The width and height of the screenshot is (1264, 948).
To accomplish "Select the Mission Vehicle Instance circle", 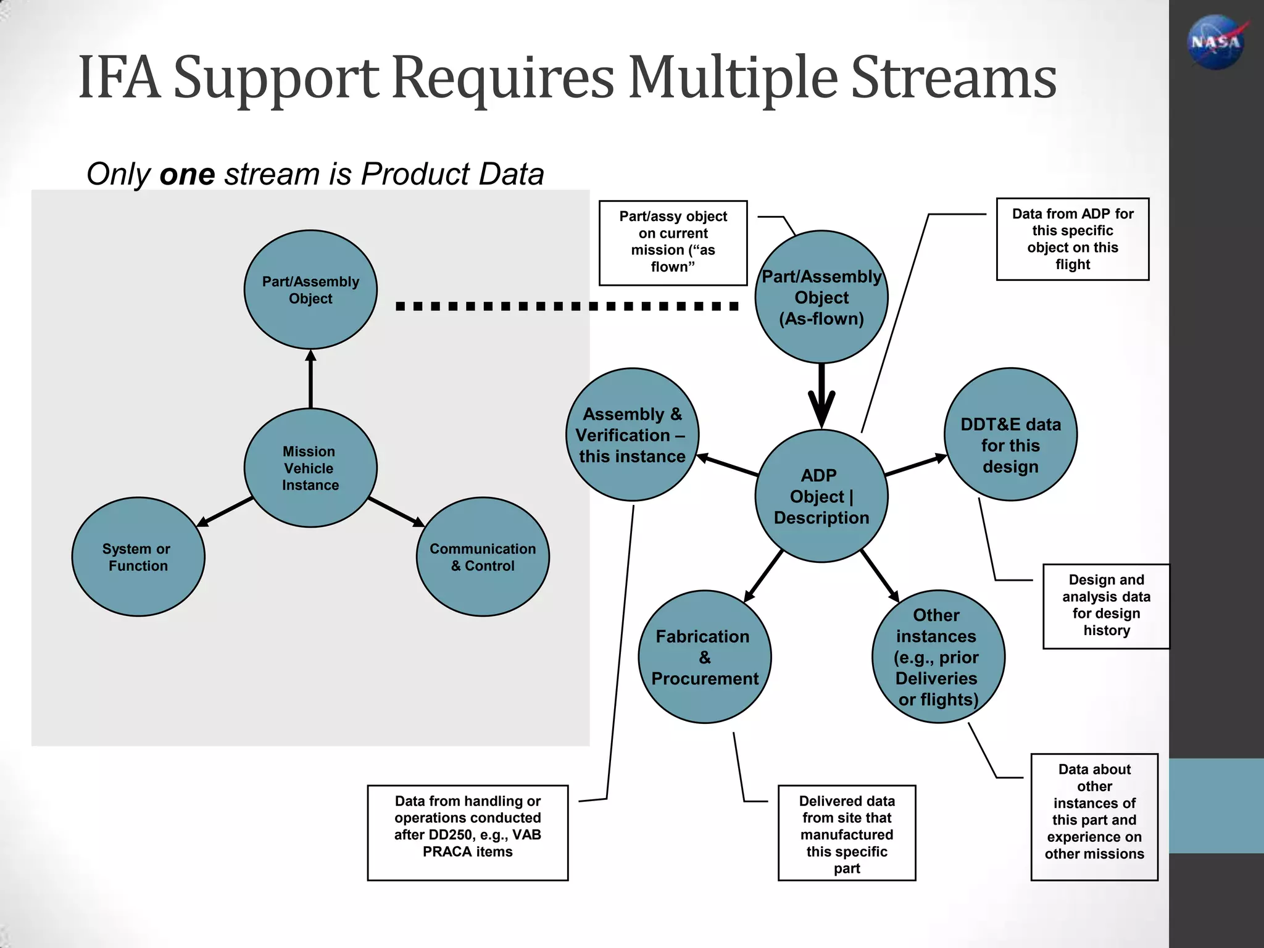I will pos(310,468).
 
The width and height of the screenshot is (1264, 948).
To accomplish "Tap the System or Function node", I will pos(138,557).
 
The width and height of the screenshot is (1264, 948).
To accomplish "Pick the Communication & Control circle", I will pos(483,557).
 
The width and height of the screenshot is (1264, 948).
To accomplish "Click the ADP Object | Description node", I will pos(821,496).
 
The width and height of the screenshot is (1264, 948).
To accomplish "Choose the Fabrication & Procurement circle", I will pos(704,657).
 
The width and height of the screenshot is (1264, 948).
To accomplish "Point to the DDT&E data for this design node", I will pos(1010,434).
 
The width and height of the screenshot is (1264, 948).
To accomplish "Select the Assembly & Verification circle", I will pos(632,434).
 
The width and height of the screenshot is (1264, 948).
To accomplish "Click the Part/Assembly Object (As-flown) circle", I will pos(821,297).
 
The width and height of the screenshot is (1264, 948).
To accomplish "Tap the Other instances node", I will pos(938,657).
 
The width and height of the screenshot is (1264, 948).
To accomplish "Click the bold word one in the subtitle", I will pos(186,174).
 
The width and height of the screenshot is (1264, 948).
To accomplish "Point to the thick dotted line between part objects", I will pos(567,306).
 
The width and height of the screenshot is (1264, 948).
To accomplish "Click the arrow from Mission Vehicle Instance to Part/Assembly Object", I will pos(310,379).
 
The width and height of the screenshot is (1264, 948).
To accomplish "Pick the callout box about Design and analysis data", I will pos(1106,605).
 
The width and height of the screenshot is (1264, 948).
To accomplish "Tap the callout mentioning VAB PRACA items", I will pos(467,833).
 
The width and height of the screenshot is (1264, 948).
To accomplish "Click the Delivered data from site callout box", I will pos(846,833).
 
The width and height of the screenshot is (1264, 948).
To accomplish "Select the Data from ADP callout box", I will pos(1072,239).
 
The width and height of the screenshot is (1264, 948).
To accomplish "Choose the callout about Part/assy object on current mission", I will pos(673,243).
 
